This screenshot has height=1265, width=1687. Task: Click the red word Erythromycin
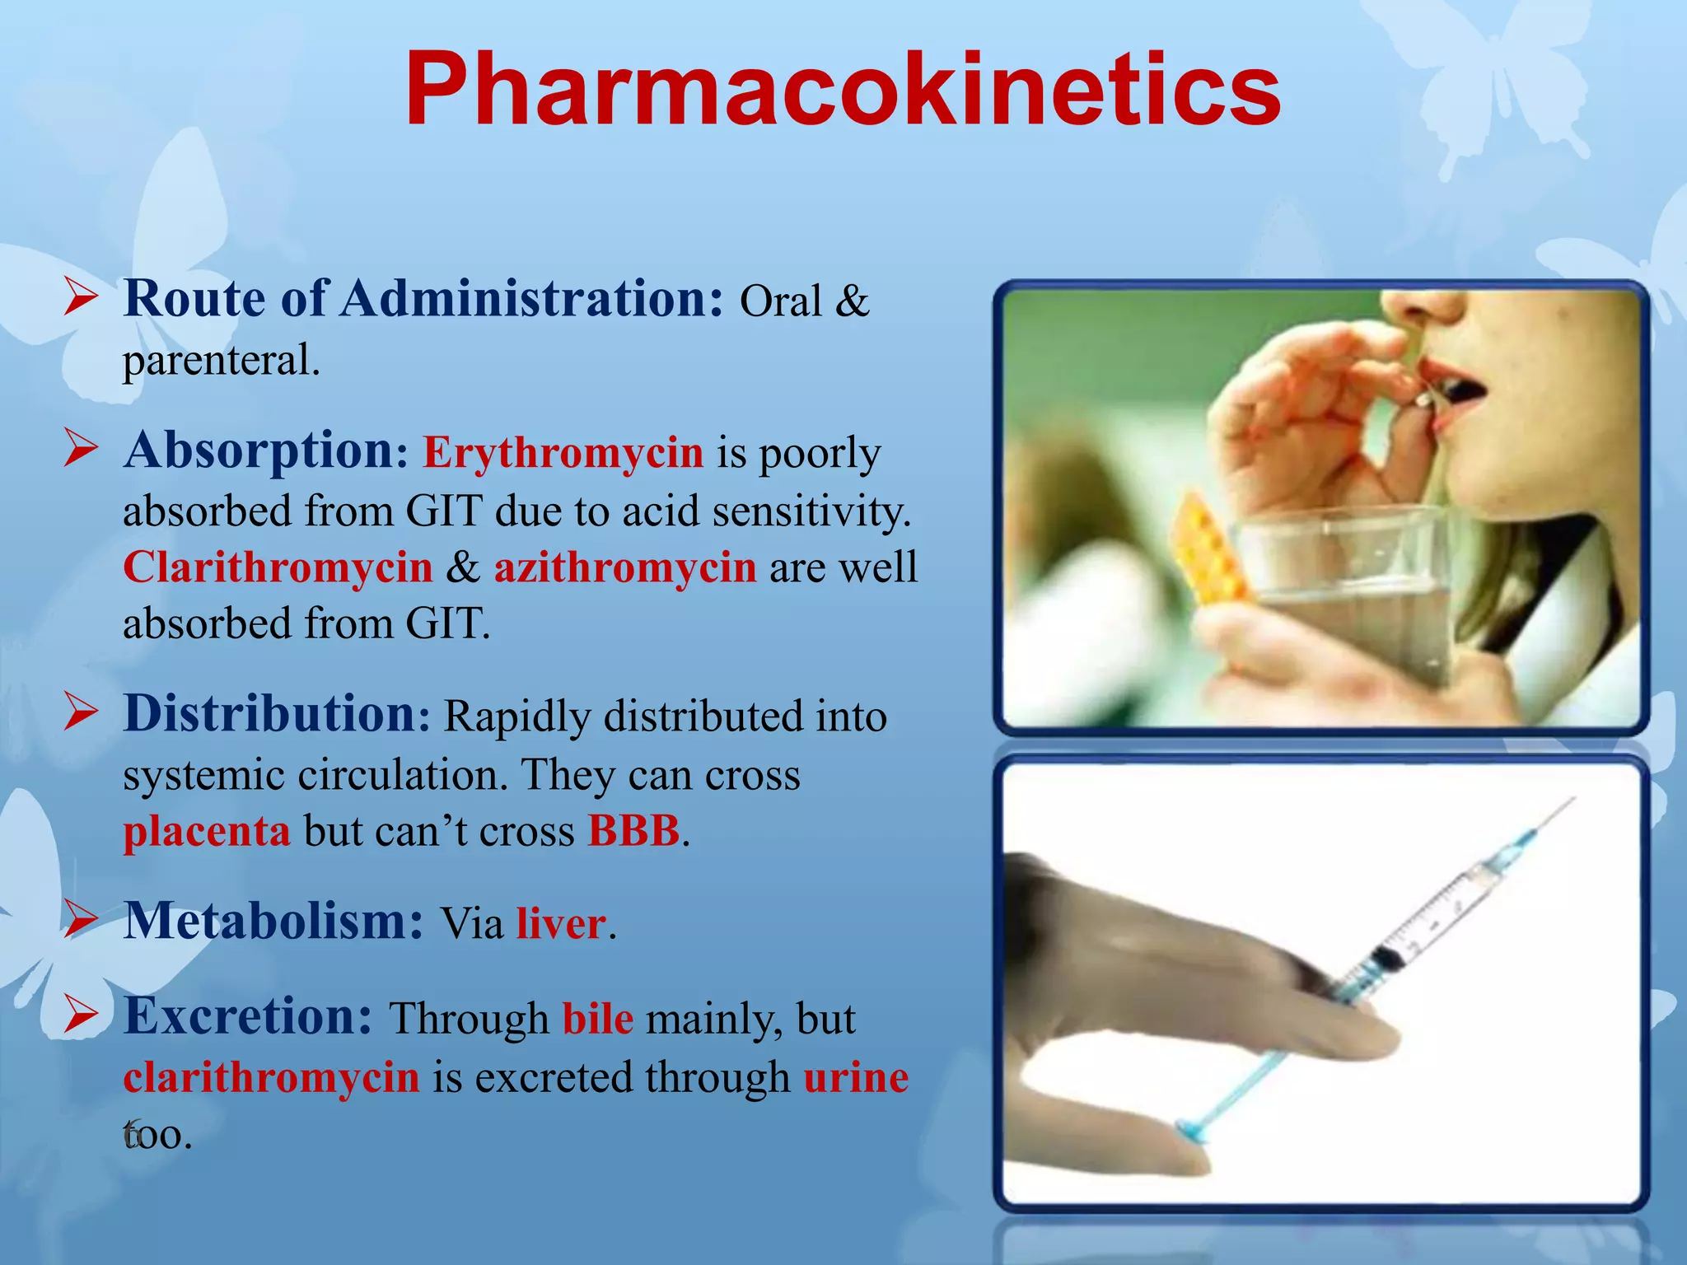563,453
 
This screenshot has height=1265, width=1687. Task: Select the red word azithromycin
624,567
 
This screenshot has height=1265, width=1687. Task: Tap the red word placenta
207,831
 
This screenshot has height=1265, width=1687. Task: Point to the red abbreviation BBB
633,831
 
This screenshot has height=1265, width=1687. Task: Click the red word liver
561,923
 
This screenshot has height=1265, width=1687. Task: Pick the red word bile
598,1019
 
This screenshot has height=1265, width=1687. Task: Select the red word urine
856,1077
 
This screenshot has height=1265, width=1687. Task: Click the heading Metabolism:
273,921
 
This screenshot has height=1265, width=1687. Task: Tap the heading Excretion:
249,1016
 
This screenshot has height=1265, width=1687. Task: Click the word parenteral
221,361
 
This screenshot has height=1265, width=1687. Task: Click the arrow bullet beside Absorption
81,450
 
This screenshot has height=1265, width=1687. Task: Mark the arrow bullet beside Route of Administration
81,297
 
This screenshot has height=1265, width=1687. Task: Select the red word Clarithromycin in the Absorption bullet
278,567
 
